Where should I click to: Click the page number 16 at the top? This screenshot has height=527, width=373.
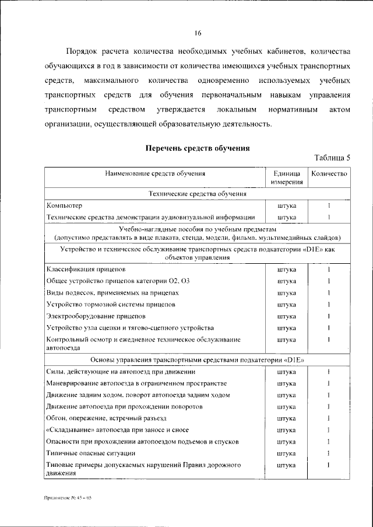point(198,32)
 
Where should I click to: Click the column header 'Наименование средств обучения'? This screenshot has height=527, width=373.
point(155,173)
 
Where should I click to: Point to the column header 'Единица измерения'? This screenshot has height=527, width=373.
point(286,178)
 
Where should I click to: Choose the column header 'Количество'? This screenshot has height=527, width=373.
point(329,173)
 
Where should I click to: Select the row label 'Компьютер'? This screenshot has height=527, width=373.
point(64,205)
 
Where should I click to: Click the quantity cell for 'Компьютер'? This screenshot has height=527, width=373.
point(329,205)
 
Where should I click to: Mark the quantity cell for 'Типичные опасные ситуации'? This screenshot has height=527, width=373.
point(329,453)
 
